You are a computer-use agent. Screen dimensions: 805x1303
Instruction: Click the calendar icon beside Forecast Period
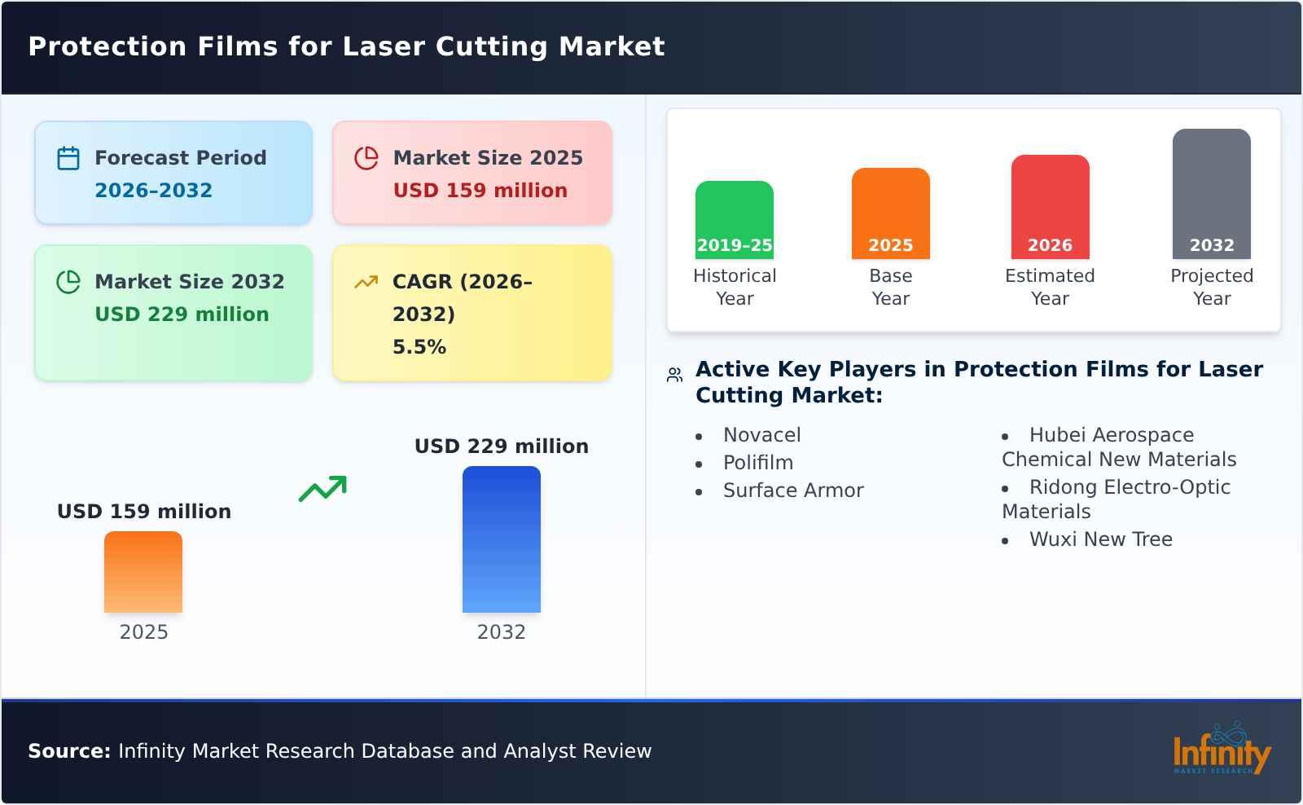[68, 158]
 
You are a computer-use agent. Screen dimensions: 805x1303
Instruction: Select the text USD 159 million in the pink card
[480, 191]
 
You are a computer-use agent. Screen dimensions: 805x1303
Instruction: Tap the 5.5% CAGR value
[419, 347]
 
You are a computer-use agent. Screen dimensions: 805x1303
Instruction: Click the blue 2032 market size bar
[501, 539]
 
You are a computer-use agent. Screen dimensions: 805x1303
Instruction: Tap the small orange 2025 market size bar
[143, 571]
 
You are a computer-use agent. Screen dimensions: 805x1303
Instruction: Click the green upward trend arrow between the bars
[322, 489]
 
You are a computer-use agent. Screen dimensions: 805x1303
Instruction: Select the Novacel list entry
[761, 435]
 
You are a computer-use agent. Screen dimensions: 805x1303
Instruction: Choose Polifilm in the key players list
[757, 463]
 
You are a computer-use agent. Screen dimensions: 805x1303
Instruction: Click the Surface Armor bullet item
[792, 490]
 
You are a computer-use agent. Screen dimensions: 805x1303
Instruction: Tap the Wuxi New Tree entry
[1100, 539]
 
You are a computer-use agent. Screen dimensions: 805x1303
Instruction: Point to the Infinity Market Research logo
[1221, 750]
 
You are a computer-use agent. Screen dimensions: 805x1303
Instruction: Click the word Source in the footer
[68, 751]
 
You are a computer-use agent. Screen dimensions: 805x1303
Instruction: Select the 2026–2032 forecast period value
[153, 191]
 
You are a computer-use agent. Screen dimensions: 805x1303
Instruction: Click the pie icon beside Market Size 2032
[68, 282]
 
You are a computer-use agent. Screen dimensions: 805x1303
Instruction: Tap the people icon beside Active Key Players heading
[674, 375]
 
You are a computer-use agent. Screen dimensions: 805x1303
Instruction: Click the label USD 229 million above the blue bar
[501, 446]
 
